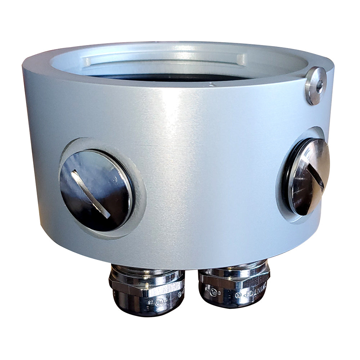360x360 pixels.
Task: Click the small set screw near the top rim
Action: coord(315,85)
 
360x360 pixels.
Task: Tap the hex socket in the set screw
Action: coord(318,84)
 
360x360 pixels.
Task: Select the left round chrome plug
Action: coord(96,190)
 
